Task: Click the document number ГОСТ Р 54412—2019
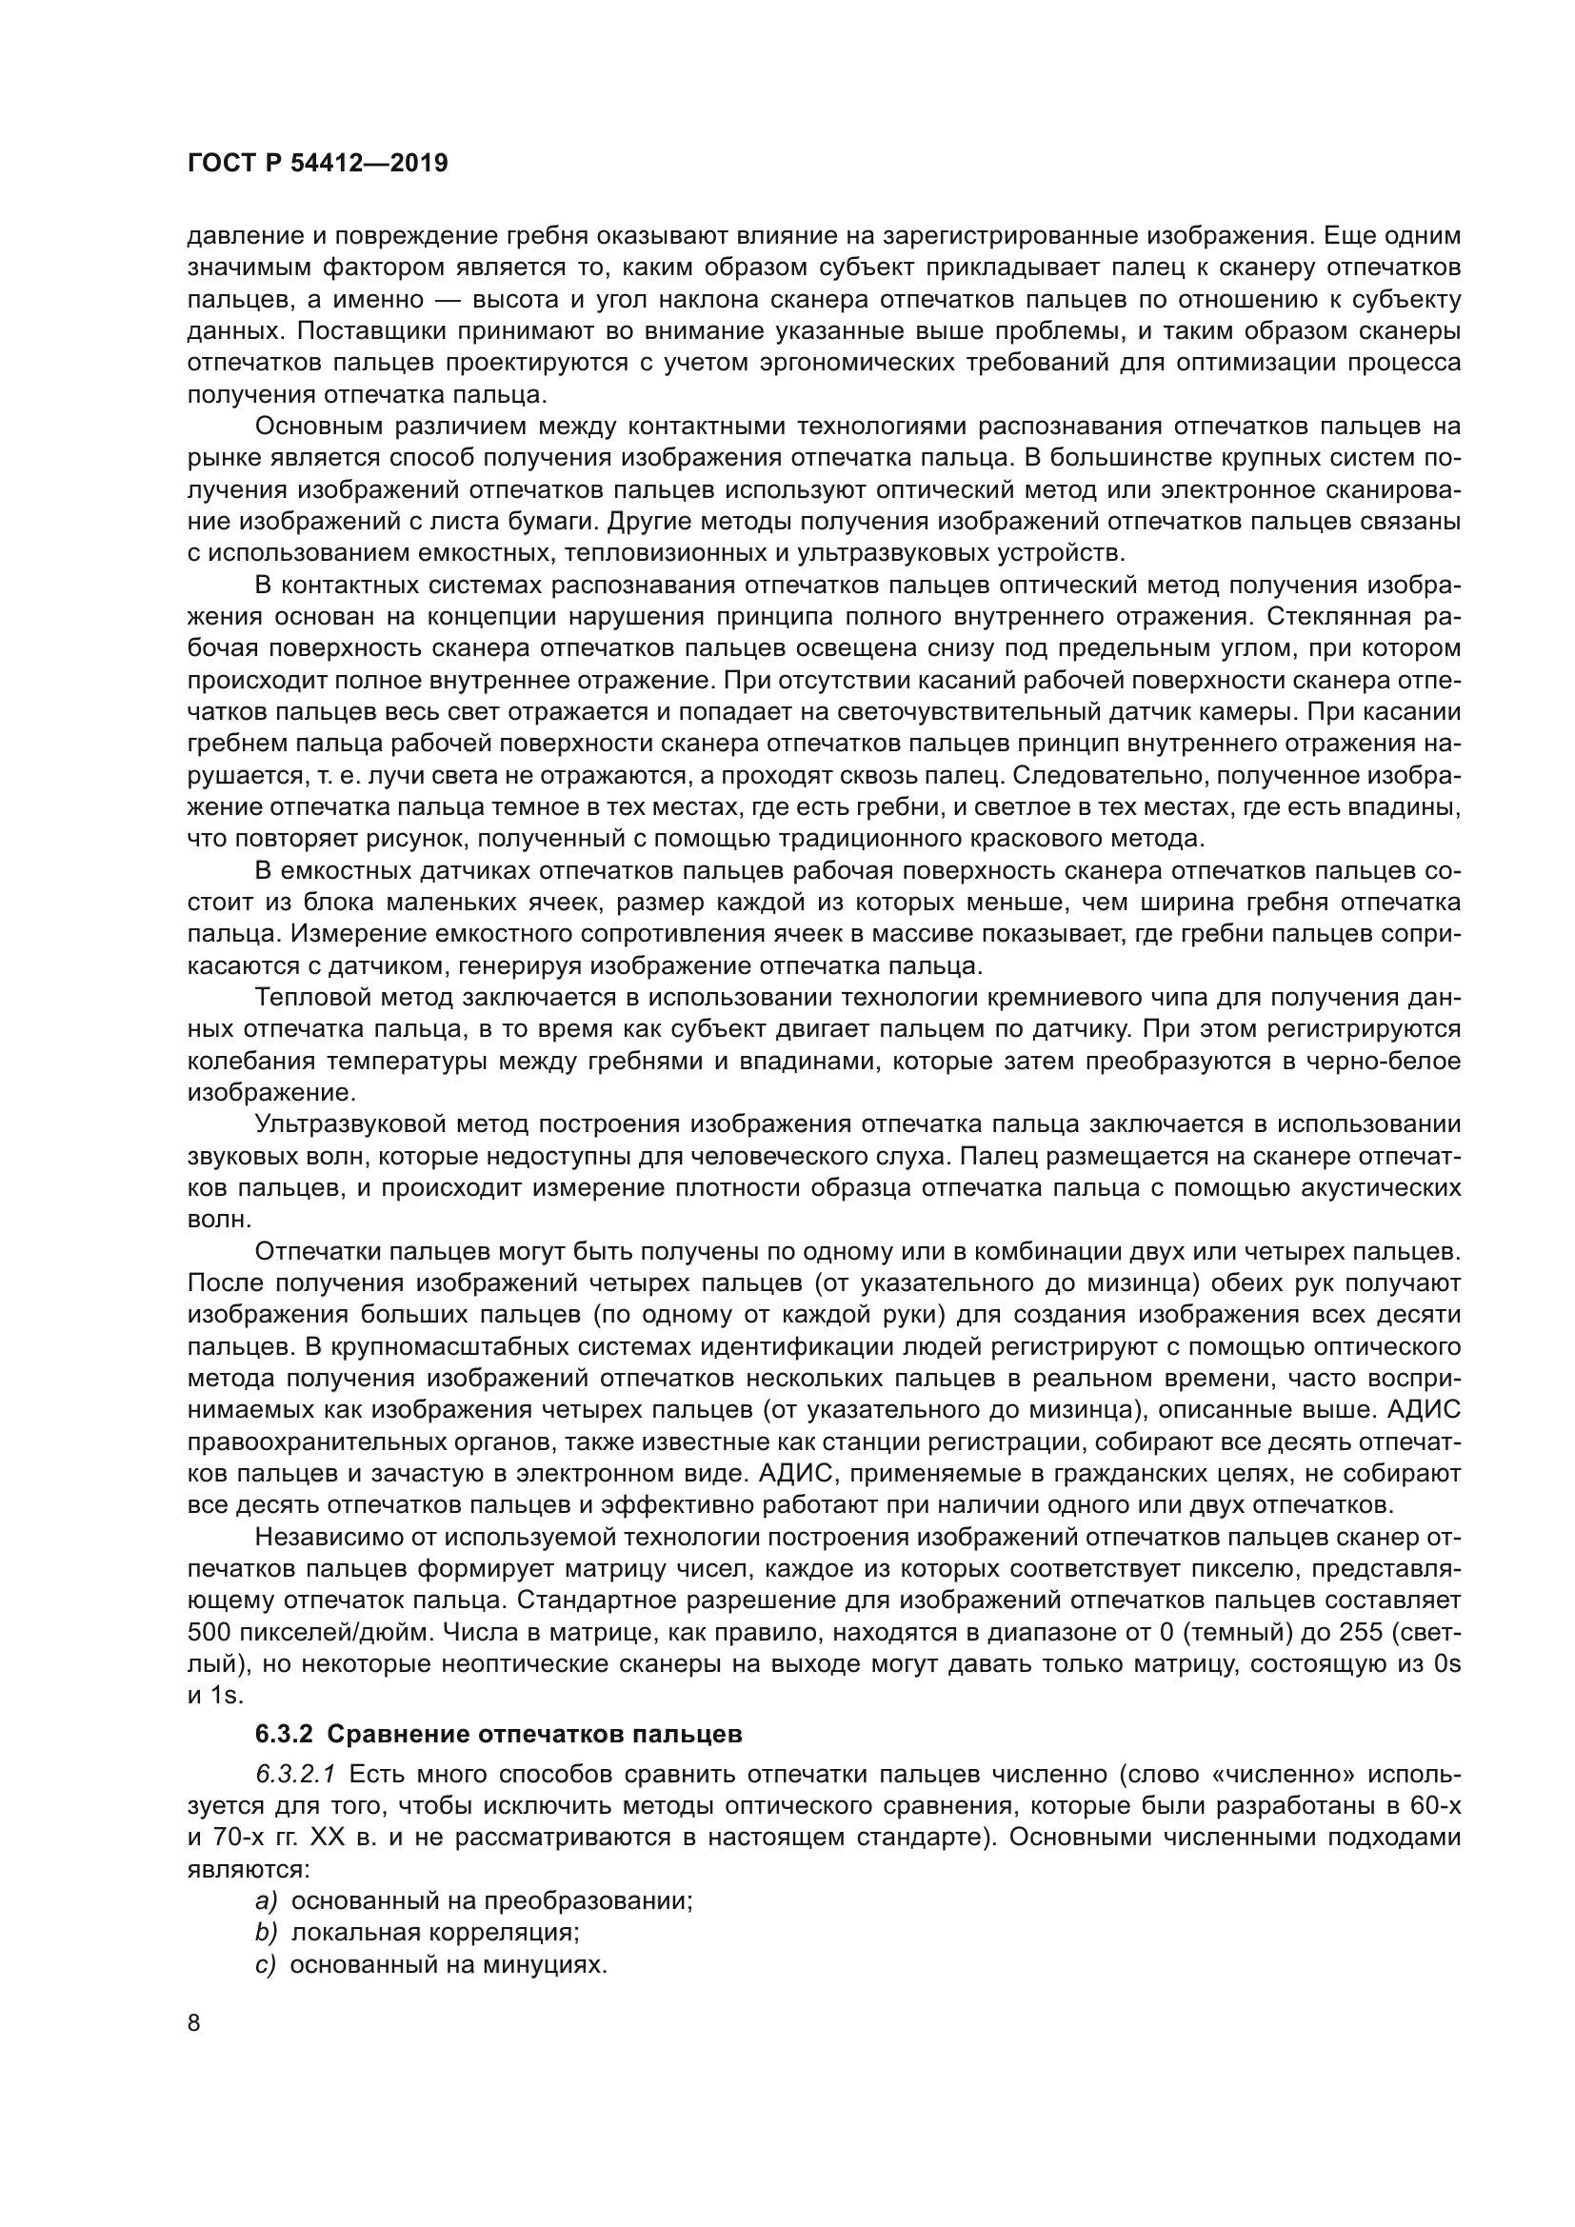(x=317, y=164)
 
